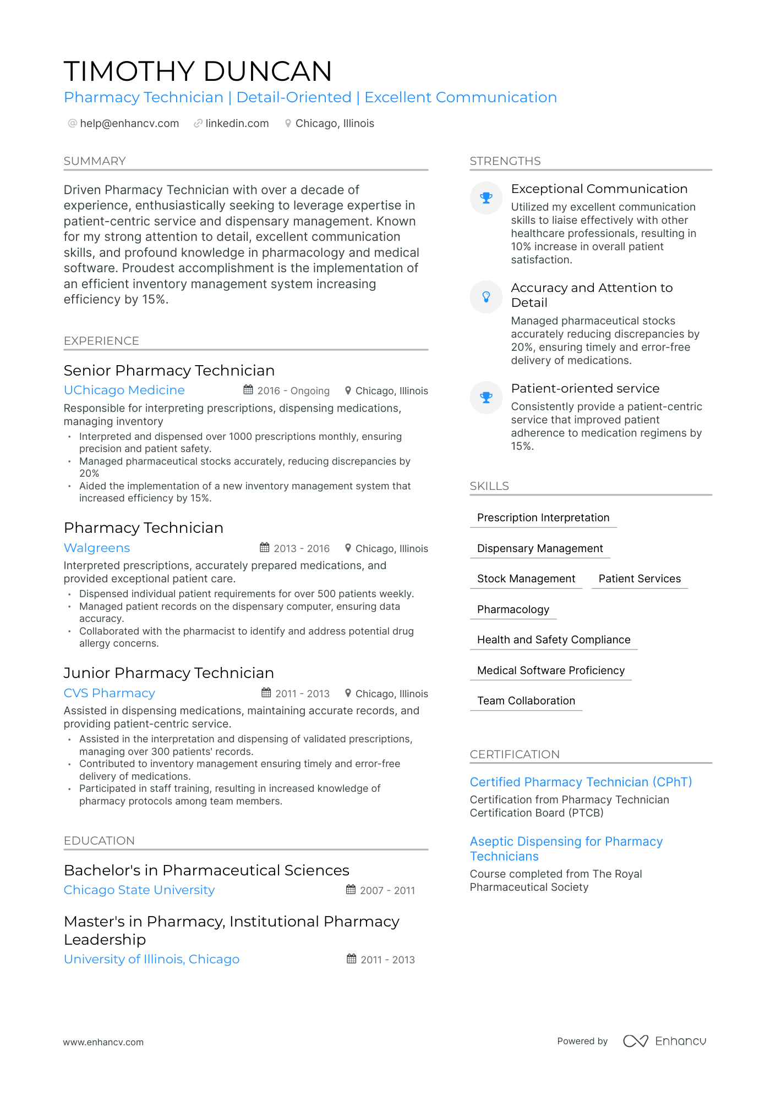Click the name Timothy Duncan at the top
pos(198,71)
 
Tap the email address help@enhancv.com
pos(129,124)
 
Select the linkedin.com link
pos(237,124)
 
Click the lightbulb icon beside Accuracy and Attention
pos(486,297)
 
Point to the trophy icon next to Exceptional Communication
pos(486,198)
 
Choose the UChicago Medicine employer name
pos(124,390)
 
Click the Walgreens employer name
pos(97,548)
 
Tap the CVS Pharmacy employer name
pos(110,693)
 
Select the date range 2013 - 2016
pos(302,549)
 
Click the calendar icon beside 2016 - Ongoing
pos(248,390)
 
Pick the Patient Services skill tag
pos(640,579)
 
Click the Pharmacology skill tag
pos(513,610)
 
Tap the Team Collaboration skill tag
pos(526,701)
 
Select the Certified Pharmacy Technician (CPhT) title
pos(581,782)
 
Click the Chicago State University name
pos(139,890)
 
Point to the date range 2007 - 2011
pos(387,891)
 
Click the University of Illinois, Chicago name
pos(152,960)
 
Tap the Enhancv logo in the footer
pos(664,1041)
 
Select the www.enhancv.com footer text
pos(103,1043)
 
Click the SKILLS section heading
pos(489,487)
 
